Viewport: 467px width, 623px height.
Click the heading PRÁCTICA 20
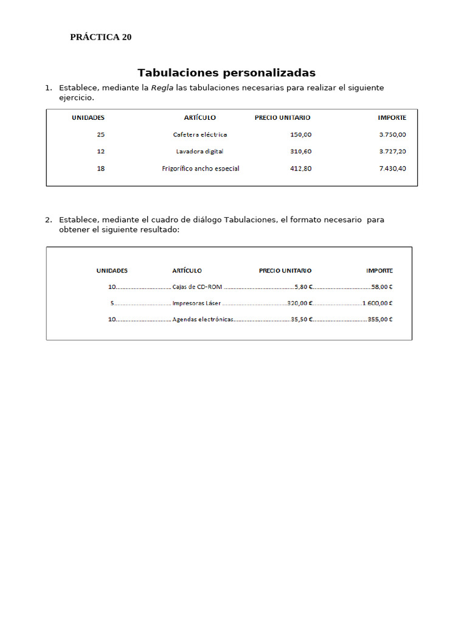tap(101, 37)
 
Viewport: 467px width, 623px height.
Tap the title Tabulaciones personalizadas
tap(226, 73)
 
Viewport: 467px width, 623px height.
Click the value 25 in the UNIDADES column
tap(100, 134)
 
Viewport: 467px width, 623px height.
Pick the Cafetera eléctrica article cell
tap(200, 134)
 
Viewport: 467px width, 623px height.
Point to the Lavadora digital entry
tap(199, 151)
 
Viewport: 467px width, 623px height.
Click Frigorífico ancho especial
tap(200, 169)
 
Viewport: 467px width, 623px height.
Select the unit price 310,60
tap(300, 151)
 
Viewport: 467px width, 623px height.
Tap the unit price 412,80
tap(300, 169)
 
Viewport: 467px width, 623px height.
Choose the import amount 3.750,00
tap(392, 134)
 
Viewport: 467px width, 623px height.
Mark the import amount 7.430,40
tap(392, 169)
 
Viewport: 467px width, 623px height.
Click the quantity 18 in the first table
tap(100, 169)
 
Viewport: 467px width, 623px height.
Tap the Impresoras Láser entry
tap(196, 303)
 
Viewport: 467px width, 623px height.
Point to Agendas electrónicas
tap(203, 319)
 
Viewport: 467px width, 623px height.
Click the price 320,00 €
tap(300, 303)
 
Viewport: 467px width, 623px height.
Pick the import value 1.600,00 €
tap(378, 303)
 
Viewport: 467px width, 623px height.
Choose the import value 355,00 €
tap(380, 319)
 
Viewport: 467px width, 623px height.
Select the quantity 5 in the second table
tap(112, 303)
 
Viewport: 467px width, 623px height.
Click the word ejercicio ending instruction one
tap(76, 98)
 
